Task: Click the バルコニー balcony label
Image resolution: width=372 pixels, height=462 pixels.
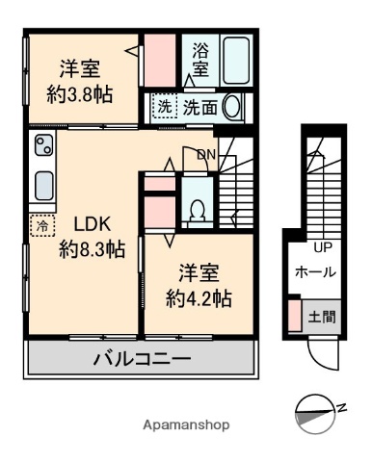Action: pos(142,361)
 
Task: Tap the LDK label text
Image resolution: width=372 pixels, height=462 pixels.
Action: pos(93,225)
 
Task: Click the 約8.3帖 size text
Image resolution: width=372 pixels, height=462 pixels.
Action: pos(92,250)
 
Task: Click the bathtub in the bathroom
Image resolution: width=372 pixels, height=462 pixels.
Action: pos(236,61)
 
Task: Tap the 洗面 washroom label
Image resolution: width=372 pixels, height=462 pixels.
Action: pos(199,109)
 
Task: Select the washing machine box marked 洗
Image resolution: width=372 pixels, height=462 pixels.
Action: pos(163,109)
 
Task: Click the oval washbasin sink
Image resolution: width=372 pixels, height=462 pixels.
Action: pos(232,108)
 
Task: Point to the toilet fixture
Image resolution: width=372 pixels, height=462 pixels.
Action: pos(197,208)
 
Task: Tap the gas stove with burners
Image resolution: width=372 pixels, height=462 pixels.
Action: pos(44,147)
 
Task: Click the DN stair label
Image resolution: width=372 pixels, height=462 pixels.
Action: pos(206,154)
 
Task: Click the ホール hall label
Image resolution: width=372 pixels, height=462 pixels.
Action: pos(315,272)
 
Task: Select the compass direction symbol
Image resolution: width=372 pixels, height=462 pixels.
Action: pos(311,410)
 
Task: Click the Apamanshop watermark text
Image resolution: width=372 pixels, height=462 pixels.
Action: pos(186,425)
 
